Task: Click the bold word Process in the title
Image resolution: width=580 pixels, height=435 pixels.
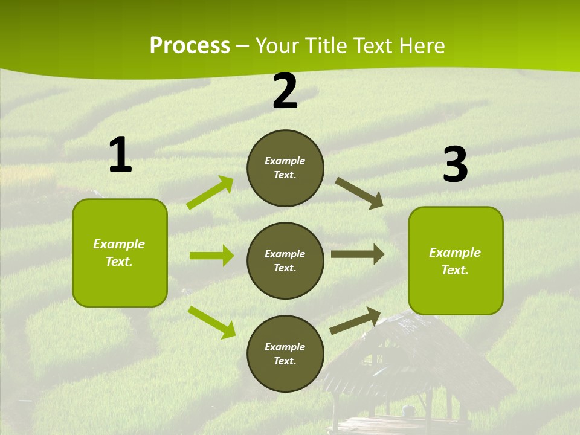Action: pos(190,46)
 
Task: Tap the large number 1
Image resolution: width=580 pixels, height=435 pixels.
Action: pos(120,155)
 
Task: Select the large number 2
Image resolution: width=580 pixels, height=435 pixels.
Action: pos(285,91)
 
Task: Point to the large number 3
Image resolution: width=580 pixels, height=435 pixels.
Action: pos(455,164)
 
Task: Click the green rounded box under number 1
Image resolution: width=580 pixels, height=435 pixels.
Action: pos(120,253)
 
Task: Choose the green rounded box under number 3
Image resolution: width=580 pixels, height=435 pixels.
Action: pos(456,260)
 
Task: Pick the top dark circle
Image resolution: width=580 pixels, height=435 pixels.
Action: pos(285,168)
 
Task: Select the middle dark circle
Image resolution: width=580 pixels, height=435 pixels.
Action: pos(285,260)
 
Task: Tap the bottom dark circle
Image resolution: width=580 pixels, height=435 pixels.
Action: pos(285,353)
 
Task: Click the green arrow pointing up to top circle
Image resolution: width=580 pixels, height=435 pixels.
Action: pos(210,193)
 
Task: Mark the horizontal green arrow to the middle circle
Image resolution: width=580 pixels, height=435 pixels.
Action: pos(211,256)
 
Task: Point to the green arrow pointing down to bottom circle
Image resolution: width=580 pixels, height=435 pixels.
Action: pos(212,322)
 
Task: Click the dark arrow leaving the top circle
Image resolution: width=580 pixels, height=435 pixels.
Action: pos(359,193)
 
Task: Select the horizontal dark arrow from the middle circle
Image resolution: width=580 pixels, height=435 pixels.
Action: pos(358,254)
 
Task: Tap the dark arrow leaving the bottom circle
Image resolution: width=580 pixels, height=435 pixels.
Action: pos(355,321)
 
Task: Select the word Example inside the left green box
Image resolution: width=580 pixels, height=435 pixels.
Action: pos(119,244)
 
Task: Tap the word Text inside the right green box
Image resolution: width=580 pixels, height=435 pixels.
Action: pos(455,270)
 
